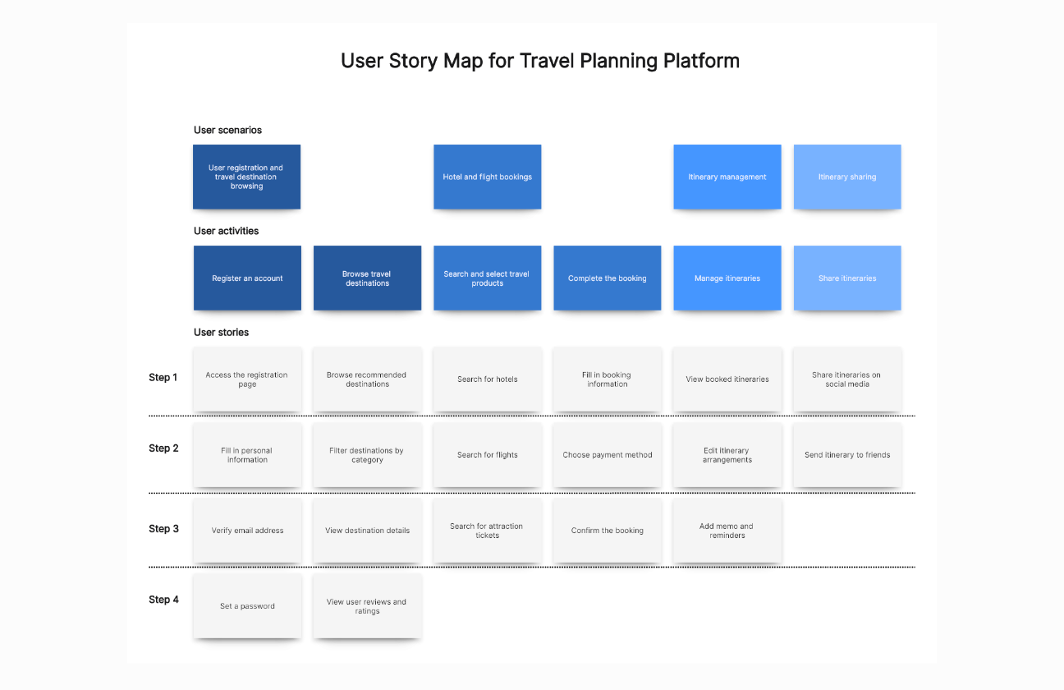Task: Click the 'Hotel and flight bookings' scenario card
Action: [x=487, y=177]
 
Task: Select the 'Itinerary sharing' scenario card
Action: [x=846, y=177]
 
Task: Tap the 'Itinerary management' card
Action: [x=727, y=177]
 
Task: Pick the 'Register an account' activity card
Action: [x=247, y=278]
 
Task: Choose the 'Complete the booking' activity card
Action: [x=607, y=278]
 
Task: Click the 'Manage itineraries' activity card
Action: [x=727, y=278]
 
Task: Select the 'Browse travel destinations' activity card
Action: [x=367, y=278]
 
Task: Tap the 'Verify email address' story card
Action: [x=247, y=531]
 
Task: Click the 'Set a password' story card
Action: [x=247, y=606]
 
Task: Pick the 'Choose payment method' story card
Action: [x=607, y=455]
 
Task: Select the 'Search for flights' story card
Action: [x=487, y=455]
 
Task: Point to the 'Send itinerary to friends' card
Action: [x=846, y=455]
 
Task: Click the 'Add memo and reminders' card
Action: [x=727, y=531]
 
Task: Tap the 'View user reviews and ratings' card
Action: [x=367, y=606]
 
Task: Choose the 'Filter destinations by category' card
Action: [x=367, y=455]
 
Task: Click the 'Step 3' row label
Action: [x=163, y=529]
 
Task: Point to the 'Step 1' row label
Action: [x=163, y=378]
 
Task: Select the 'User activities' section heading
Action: [x=226, y=231]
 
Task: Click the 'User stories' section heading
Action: [x=221, y=333]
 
